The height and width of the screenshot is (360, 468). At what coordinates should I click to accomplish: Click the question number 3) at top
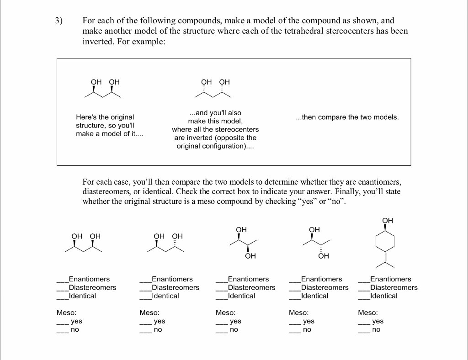[58, 21]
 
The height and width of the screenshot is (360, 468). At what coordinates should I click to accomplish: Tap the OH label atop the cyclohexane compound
[387, 221]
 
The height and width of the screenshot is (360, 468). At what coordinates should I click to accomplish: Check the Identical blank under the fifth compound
[364, 296]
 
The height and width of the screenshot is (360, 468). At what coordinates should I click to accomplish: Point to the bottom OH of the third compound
[250, 256]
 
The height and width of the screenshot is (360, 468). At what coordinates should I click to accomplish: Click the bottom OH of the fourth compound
[323, 256]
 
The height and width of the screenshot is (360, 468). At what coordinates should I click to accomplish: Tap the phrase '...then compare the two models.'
[347, 117]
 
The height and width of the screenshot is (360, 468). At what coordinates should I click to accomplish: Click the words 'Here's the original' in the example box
[105, 117]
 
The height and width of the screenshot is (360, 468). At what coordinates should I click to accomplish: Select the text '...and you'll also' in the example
[215, 112]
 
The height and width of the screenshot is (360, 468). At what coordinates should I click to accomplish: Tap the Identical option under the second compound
[145, 296]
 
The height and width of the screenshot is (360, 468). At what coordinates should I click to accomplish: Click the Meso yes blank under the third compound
[222, 322]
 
